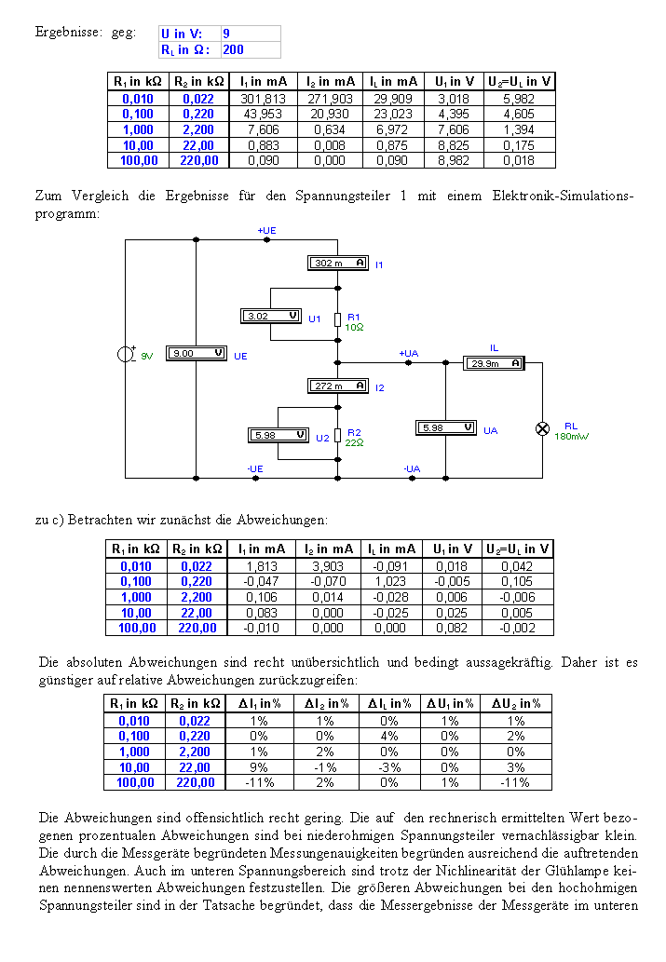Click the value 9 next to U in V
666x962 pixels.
226,34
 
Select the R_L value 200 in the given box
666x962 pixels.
233,49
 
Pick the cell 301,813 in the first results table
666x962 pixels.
263,99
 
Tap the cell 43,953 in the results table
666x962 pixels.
263,115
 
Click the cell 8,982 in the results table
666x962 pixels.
454,161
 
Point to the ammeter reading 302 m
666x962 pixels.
337,264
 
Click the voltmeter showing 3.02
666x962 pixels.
271,317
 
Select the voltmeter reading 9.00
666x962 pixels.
197,353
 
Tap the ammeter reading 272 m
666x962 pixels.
337,386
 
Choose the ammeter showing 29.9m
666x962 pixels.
494,363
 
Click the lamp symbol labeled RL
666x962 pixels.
543,429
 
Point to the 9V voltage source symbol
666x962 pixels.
126,354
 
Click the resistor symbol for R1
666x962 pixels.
337,319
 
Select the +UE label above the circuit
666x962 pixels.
267,231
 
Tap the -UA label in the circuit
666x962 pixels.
412,468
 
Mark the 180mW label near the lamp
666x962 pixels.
572,436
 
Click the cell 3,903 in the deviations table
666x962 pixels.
328,566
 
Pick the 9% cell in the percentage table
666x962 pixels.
259,767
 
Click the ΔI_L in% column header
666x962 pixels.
389,704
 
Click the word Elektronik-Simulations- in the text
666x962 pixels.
563,196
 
